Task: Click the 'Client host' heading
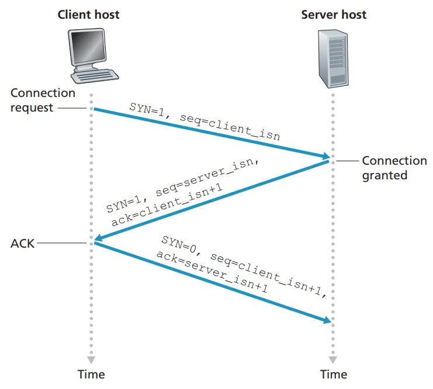(88, 15)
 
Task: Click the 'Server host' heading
(333, 15)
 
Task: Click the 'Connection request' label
(43, 100)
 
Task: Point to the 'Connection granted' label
(394, 168)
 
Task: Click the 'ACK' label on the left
(22, 243)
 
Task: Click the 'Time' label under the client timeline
(91, 374)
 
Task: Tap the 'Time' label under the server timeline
(333, 374)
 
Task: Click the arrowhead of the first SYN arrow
(325, 155)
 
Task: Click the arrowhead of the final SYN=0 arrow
(326, 319)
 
